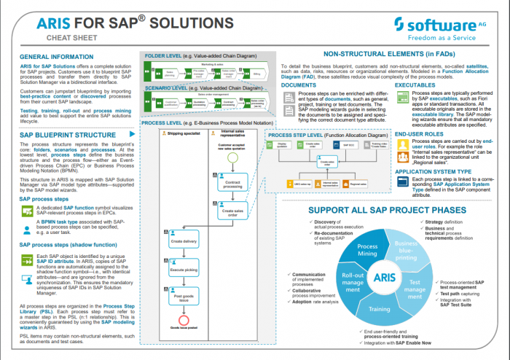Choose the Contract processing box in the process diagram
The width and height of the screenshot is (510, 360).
[x=232, y=184]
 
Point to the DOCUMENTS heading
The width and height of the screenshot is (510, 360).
[x=298, y=85]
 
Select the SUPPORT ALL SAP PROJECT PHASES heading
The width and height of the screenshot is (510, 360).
[x=388, y=211]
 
